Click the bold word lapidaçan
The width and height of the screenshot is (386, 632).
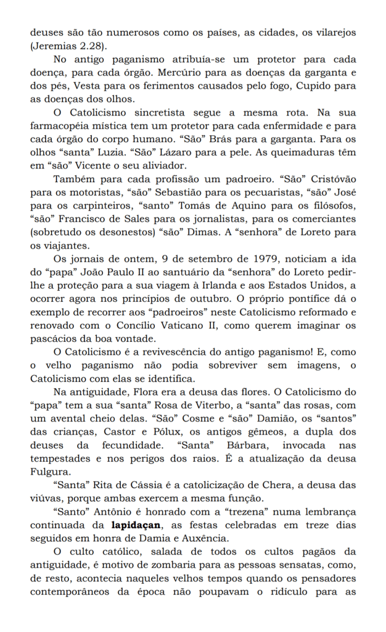137,526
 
